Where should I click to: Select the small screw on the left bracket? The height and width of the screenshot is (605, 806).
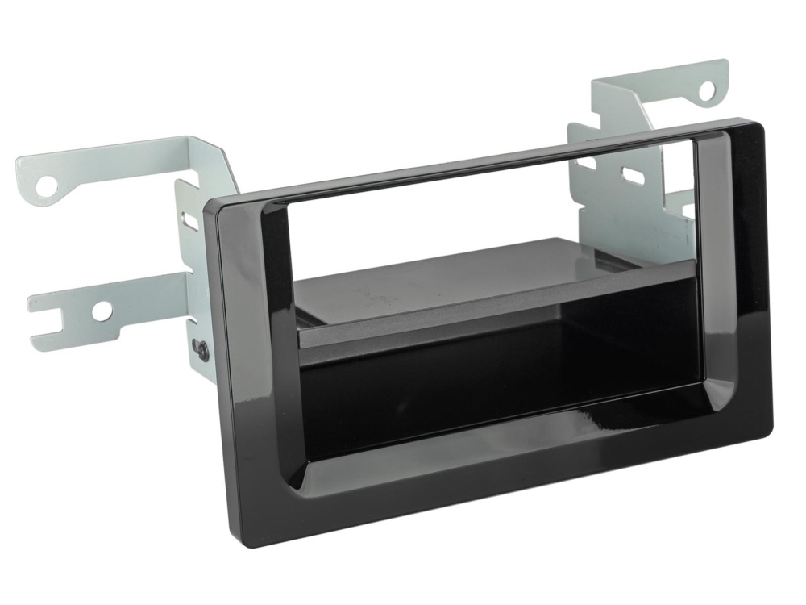[201, 349]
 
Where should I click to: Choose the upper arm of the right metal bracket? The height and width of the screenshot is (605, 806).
[661, 89]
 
